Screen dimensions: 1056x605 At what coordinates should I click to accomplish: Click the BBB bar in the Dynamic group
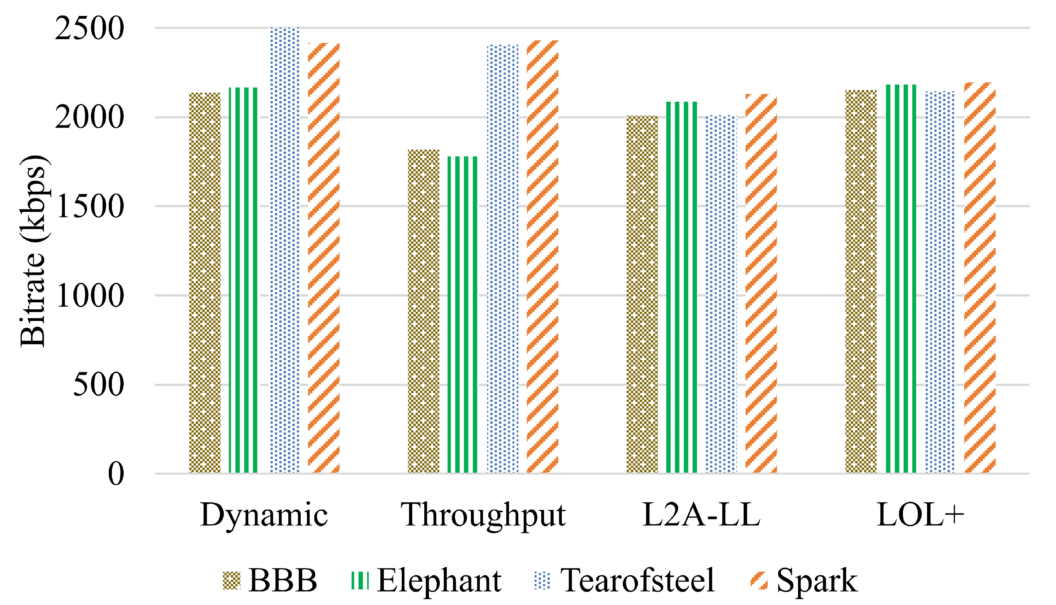(205, 283)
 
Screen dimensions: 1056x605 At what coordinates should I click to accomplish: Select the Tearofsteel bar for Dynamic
(285, 250)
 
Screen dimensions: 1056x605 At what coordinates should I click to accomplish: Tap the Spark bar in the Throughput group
(542, 257)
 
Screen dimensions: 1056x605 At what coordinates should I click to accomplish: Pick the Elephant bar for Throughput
(462, 315)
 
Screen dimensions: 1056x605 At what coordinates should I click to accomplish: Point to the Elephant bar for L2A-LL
(682, 287)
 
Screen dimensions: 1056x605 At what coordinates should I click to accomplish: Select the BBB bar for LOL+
(861, 281)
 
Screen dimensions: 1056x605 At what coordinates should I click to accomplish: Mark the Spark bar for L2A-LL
(761, 283)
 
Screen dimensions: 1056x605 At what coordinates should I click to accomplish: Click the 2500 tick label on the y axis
(89, 28)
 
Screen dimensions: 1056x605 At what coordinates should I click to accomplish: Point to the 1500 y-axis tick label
(89, 206)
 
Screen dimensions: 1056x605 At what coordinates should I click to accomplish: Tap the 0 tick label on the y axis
(116, 474)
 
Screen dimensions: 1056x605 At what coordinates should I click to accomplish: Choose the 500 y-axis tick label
(99, 385)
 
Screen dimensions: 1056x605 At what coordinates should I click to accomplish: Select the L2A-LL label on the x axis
(701, 515)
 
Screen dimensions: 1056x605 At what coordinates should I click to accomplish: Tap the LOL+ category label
(920, 515)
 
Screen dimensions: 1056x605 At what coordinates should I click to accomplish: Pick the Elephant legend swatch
(360, 581)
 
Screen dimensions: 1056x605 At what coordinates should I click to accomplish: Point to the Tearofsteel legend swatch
(542, 581)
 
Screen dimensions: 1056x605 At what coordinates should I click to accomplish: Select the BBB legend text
(283, 580)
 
